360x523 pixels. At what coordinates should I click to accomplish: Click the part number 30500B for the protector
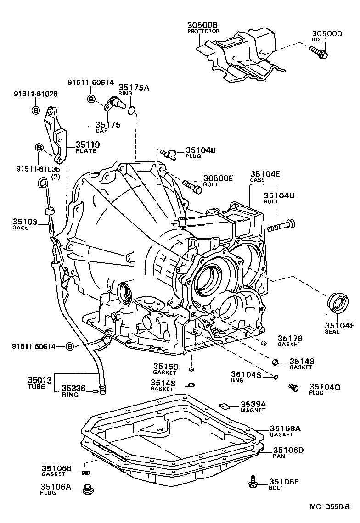coord(203,25)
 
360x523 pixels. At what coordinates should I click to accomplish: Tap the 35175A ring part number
coord(134,87)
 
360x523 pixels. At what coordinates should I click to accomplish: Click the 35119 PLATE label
coord(87,145)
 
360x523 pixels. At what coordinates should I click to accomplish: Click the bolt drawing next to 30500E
coord(192,186)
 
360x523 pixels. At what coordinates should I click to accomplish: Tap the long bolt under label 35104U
coord(281,226)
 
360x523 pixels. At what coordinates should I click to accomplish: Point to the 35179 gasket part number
coord(289,339)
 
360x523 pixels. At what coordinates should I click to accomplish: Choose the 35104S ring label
coord(246,374)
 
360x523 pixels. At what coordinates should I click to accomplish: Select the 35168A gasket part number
coord(285,428)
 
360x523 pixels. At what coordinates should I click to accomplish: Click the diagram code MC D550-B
coord(329,506)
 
